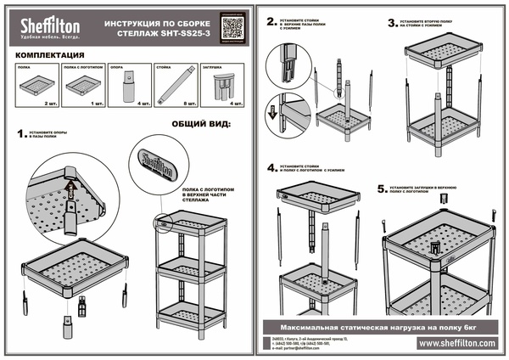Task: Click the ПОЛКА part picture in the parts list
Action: [x=38, y=85]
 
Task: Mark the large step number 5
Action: [x=381, y=183]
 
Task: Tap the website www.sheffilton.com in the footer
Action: [x=456, y=343]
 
